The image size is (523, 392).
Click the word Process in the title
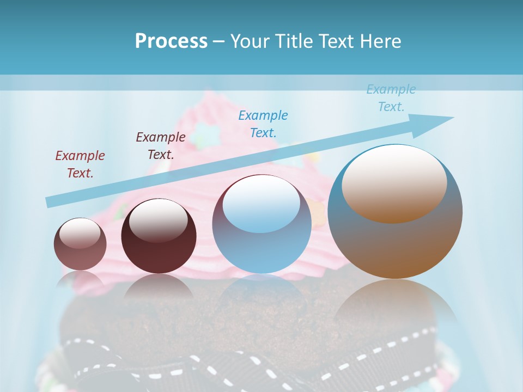[x=171, y=41]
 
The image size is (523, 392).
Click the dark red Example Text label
[x=80, y=164]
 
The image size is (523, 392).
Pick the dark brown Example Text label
[x=161, y=146]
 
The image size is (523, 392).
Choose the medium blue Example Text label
[x=263, y=124]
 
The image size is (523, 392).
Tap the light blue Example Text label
[x=391, y=98]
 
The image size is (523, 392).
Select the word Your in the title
[x=249, y=41]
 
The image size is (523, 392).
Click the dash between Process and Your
[x=218, y=41]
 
